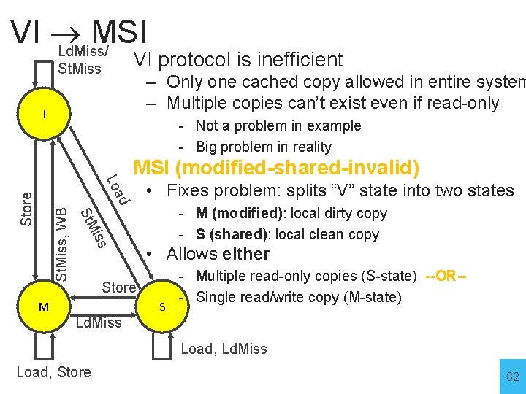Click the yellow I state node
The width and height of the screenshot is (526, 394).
tap(44, 115)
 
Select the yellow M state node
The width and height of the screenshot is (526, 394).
tap(44, 307)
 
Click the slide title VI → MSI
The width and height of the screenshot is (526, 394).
tap(79, 31)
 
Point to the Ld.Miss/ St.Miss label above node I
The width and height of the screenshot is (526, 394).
tap(83, 61)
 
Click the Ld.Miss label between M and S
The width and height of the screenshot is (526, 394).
tap(99, 322)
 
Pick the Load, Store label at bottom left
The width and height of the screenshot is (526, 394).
tap(53, 372)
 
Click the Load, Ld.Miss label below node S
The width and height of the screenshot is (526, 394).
tap(224, 349)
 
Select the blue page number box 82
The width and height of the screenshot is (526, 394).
tap(512, 376)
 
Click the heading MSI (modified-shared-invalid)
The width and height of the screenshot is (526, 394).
tap(276, 168)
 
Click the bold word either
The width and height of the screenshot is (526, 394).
tap(246, 255)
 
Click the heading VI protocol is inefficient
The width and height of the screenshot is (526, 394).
tap(238, 60)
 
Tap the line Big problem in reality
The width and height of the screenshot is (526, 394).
tap(264, 147)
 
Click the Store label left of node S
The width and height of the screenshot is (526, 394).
tap(119, 287)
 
